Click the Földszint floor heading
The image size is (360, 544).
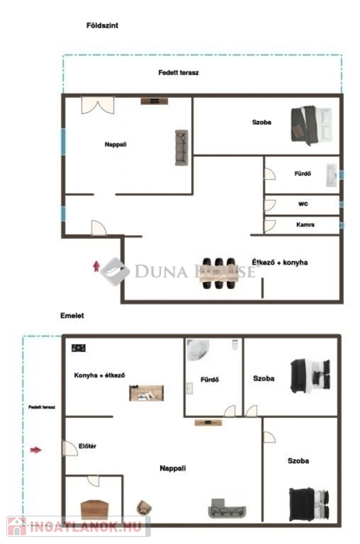(x=102, y=25)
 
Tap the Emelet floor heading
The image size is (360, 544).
(x=72, y=316)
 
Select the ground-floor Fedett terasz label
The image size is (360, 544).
(x=179, y=73)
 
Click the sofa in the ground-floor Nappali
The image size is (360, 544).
(x=181, y=147)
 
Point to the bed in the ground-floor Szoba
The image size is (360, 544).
(x=311, y=125)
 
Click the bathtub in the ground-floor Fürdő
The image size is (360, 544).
(x=332, y=175)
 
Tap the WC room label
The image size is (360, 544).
(x=303, y=204)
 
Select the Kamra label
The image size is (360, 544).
(x=305, y=225)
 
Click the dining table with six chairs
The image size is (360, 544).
(x=220, y=273)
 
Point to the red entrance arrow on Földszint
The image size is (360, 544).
(x=96, y=266)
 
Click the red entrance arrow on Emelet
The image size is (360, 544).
(x=35, y=450)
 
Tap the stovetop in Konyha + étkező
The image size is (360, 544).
(x=79, y=348)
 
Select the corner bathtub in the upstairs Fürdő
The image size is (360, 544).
(x=198, y=350)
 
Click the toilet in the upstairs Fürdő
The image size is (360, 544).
(x=235, y=344)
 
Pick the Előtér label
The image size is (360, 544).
(x=87, y=446)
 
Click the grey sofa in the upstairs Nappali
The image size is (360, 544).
(x=227, y=509)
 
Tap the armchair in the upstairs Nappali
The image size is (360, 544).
(x=144, y=508)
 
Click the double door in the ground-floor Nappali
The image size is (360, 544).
(x=98, y=105)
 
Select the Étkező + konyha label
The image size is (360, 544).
(x=280, y=262)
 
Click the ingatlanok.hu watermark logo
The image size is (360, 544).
(x=79, y=526)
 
